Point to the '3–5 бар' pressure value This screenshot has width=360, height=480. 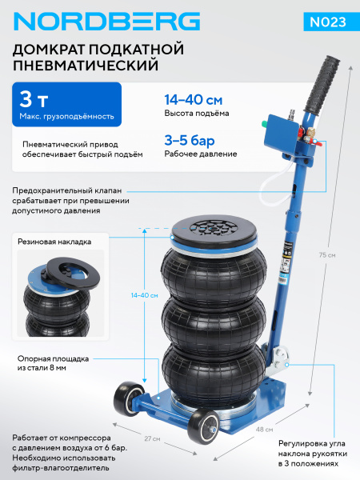coord(186,139)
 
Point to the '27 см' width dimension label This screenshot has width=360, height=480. coord(151,438)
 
